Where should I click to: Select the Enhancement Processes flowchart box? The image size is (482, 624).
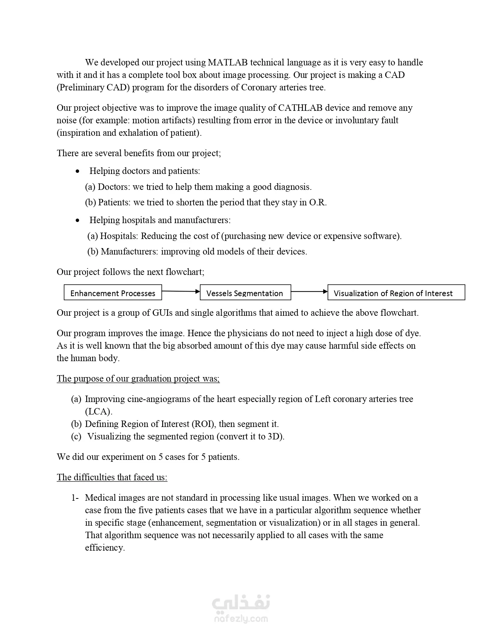click(x=113, y=293)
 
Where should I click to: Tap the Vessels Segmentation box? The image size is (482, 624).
click(x=245, y=293)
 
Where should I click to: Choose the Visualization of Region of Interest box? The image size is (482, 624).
click(x=396, y=293)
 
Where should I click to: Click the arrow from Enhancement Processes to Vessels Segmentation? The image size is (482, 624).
click(x=181, y=291)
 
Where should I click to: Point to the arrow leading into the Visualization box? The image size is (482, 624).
click(x=309, y=292)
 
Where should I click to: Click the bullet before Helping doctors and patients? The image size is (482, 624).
click(x=77, y=171)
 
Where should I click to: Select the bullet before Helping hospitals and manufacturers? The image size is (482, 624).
click(x=77, y=220)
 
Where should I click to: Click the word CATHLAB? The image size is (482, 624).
click(x=300, y=108)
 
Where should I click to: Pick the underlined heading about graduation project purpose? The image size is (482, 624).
click(x=138, y=379)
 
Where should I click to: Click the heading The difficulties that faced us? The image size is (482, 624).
click(x=112, y=477)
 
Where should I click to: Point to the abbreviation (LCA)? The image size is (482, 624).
click(x=98, y=411)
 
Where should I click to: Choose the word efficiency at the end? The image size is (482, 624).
click(x=105, y=548)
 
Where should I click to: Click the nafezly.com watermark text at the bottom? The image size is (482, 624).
click(x=240, y=619)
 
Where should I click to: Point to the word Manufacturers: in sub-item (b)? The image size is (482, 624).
click(x=129, y=251)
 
